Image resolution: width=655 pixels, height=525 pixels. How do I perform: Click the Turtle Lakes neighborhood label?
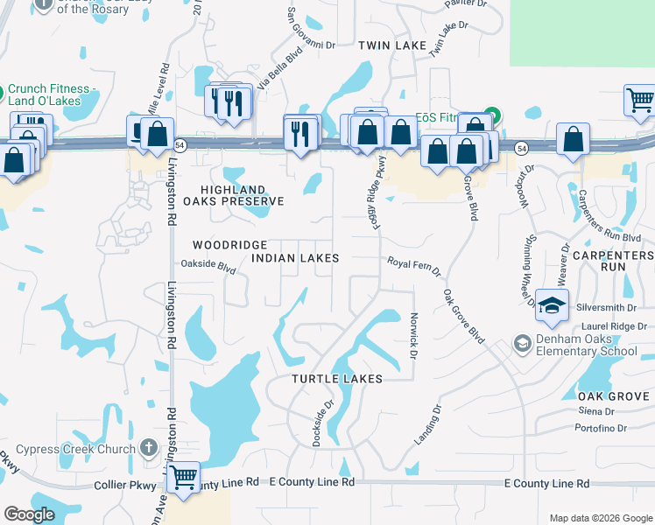tap(337, 379)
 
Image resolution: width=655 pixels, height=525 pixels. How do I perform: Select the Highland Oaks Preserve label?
tap(242, 195)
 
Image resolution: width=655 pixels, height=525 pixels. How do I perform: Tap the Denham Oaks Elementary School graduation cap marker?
tap(553, 305)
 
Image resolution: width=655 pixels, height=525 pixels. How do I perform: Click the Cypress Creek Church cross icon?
tap(149, 450)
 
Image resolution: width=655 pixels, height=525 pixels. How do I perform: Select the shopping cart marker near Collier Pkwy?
tap(183, 478)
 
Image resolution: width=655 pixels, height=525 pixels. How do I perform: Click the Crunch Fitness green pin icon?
tap(4, 90)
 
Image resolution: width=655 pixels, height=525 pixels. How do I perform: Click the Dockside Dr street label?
tap(322, 423)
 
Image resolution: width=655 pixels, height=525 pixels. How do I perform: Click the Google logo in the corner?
tap(29, 515)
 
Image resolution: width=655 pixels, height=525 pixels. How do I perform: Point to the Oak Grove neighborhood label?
tap(614, 396)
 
